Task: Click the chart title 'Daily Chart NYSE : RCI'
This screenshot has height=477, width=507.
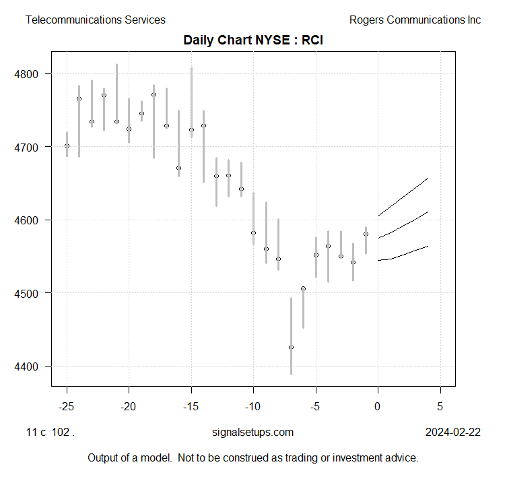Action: tap(254, 40)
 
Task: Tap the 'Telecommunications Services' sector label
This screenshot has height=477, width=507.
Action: tap(95, 20)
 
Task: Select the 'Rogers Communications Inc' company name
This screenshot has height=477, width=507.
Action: tap(415, 20)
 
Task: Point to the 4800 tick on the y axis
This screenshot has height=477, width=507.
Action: tap(33, 73)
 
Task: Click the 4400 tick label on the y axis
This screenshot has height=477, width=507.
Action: tap(33, 367)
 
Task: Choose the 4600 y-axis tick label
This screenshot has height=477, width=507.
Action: tap(33, 220)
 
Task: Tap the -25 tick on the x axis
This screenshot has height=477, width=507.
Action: tap(67, 406)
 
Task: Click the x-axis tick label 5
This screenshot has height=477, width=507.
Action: tap(440, 406)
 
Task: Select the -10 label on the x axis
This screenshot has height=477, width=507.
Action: tap(253, 406)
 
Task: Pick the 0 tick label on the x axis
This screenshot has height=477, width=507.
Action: tap(378, 406)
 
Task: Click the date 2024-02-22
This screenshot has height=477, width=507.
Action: tap(453, 433)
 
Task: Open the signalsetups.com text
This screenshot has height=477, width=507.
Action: tap(252, 433)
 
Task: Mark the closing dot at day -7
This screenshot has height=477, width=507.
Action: tap(291, 347)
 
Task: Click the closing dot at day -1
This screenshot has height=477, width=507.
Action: tap(366, 234)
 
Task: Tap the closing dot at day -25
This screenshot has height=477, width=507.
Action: tap(67, 146)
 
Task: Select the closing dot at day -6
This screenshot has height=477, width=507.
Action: tap(303, 288)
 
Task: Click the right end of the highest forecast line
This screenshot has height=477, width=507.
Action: tap(428, 179)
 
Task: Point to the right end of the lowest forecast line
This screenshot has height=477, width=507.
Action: tap(428, 247)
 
